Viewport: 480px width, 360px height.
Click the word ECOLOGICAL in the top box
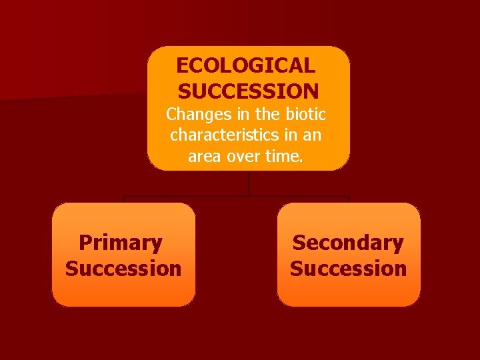click(245, 65)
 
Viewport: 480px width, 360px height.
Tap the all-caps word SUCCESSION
click(249, 91)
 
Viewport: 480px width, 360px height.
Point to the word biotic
click(305, 113)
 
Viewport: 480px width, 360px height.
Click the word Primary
click(121, 243)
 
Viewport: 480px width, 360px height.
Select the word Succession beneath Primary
click(123, 269)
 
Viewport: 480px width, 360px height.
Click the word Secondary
click(348, 243)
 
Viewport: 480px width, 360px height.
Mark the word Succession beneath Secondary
click(348, 269)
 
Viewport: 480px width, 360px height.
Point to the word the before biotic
click(267, 113)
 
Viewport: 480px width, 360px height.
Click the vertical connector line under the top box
click(249, 183)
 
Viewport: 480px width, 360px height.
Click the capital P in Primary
click(85, 243)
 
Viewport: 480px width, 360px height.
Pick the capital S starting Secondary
click(299, 243)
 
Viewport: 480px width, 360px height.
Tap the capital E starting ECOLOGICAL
click(183, 65)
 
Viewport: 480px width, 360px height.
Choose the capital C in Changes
click(172, 113)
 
